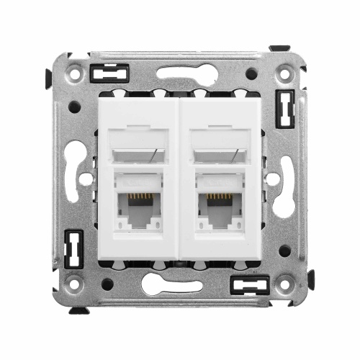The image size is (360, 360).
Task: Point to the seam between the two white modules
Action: click(x=179, y=180)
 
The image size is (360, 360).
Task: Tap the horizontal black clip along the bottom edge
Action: click(x=248, y=284)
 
